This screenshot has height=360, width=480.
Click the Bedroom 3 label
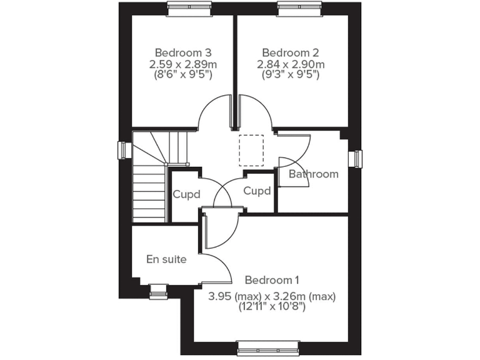point(183,52)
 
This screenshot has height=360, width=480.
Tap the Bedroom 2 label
point(291,52)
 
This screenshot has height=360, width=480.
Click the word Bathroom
point(314,174)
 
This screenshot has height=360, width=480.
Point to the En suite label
point(166,259)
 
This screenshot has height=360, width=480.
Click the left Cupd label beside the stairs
point(186,194)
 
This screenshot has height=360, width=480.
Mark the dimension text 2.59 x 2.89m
point(183,64)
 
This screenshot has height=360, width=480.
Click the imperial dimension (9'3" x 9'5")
point(291,75)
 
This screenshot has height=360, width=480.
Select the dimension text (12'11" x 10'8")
point(272,306)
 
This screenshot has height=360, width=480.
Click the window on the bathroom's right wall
point(357,159)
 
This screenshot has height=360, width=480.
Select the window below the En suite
point(159,289)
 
